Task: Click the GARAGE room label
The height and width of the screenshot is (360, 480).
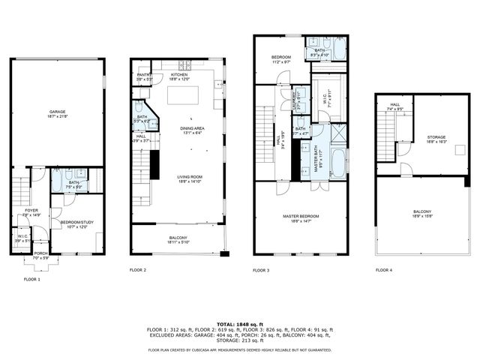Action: [x=57, y=113]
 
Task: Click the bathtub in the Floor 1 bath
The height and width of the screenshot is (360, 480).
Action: [x=58, y=181]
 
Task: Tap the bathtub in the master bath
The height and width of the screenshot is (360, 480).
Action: [x=337, y=160]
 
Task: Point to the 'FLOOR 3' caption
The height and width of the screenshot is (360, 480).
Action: [x=261, y=270]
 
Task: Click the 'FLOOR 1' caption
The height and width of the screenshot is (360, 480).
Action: [x=32, y=280]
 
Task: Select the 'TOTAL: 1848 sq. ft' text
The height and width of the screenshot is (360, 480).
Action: [x=239, y=324]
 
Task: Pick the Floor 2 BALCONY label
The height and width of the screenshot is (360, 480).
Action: [x=178, y=240]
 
